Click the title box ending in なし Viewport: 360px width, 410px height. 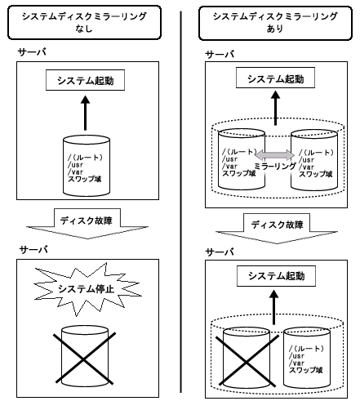click(84, 23)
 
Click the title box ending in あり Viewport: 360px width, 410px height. click(275, 23)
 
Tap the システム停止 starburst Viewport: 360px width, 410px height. click(87, 289)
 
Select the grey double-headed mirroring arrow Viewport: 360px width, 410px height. click(275, 155)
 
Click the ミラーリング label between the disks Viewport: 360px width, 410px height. click(275, 166)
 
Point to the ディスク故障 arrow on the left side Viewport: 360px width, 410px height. click(87, 224)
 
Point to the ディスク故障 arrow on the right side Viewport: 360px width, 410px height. click(277, 229)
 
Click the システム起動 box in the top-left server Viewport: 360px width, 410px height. click(85, 80)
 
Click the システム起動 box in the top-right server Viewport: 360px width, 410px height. click(275, 78)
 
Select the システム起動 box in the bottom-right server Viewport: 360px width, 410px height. click(276, 276)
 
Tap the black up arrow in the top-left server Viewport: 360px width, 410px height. click(86, 113)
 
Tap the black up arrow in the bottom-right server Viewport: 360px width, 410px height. click(274, 307)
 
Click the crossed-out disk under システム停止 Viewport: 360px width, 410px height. click(85, 356)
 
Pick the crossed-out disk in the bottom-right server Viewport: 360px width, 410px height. click(247, 358)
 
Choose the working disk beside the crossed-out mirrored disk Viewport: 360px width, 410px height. click(307, 358)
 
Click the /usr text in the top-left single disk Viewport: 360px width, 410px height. click(75, 165)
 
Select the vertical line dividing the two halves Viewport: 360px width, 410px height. click(180, 202)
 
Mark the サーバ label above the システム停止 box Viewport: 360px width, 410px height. click(33, 250)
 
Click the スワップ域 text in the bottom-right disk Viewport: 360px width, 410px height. click(305, 370)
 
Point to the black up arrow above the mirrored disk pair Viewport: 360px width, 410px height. click(276, 108)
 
